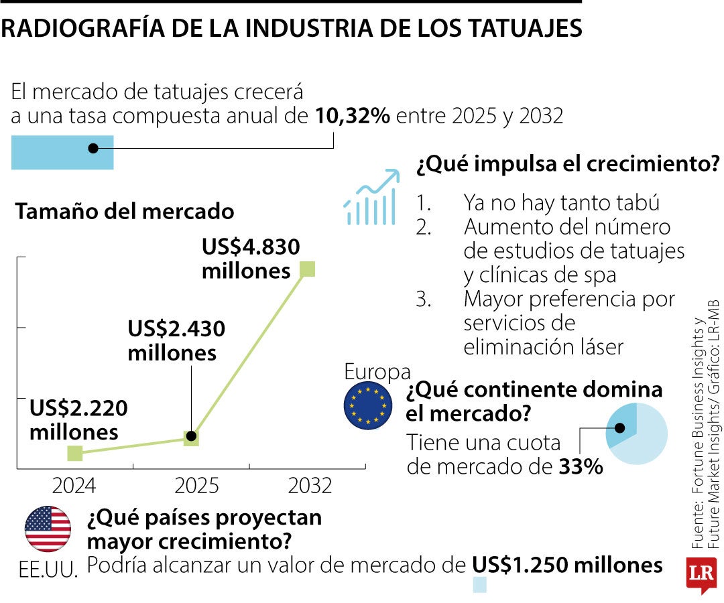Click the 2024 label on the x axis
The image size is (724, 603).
(75, 485)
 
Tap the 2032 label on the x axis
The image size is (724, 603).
(310, 485)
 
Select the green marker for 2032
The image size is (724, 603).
(307, 269)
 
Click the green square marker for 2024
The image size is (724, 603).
(75, 454)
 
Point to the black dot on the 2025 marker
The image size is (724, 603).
(191, 437)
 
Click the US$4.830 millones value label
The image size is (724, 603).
(250, 259)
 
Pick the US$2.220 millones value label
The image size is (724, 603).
(78, 420)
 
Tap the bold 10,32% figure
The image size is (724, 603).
(353, 116)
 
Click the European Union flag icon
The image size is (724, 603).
(368, 405)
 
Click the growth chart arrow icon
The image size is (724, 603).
(371, 196)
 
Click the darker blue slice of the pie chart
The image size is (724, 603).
(621, 426)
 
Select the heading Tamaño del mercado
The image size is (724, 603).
(125, 212)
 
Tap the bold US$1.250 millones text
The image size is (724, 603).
(567, 565)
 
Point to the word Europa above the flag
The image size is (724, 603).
(377, 371)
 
